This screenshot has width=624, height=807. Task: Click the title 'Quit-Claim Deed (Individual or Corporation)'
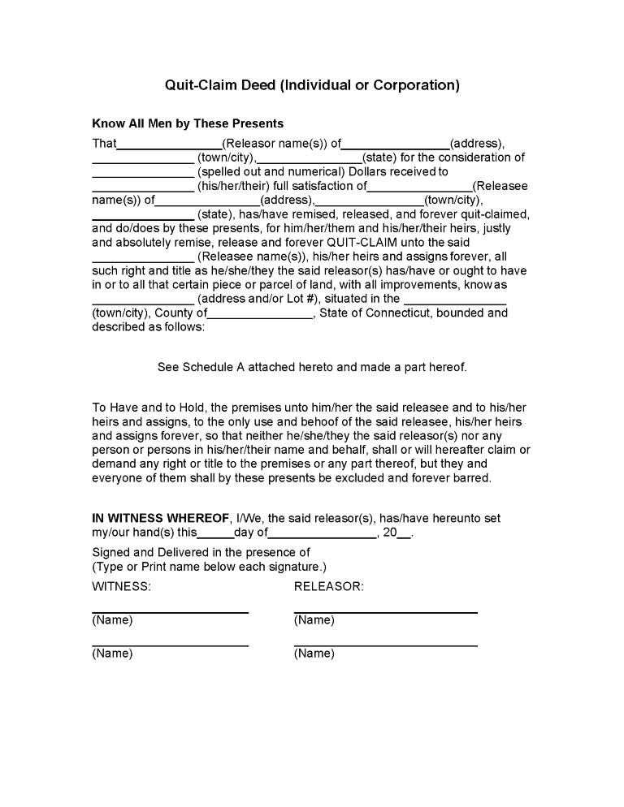tap(312, 85)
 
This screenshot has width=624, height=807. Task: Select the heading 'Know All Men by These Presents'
tap(188, 123)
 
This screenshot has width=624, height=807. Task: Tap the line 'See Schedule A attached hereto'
tap(312, 367)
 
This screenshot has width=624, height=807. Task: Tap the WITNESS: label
tap(121, 586)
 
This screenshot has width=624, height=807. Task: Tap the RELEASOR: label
tap(328, 586)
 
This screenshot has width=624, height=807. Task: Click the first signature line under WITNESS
tap(170, 611)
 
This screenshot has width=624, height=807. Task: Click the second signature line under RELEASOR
tap(385, 645)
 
